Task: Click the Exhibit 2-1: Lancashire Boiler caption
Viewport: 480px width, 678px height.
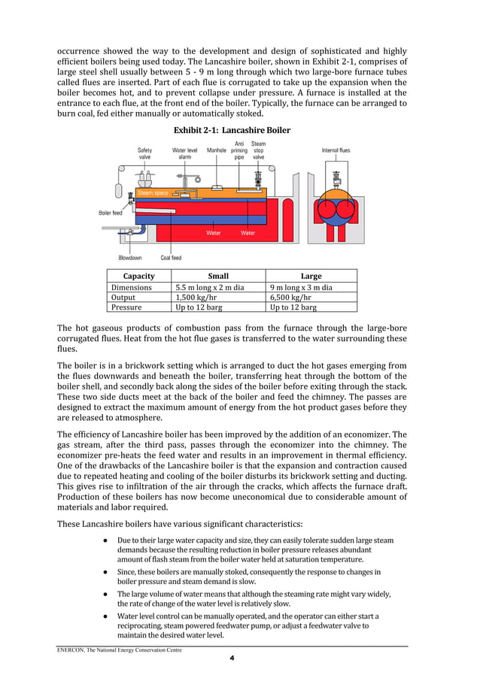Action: point(232,130)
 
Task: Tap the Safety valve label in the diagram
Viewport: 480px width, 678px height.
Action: point(144,154)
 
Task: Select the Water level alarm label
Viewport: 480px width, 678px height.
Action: point(184,154)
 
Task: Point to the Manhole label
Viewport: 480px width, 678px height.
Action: point(217,150)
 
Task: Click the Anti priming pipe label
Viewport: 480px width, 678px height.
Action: point(239,150)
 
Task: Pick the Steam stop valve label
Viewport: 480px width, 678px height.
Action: point(258,150)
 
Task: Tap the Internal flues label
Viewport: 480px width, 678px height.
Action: point(335,150)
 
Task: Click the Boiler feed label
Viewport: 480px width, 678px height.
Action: point(111,213)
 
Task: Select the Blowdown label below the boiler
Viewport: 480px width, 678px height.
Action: point(131,258)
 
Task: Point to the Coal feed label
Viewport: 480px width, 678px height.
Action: point(171,258)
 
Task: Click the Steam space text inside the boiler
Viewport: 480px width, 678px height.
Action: point(153,193)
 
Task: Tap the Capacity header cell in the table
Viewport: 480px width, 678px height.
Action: point(138,276)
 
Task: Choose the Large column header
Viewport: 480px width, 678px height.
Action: point(311,276)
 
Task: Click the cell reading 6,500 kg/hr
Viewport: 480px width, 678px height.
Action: point(290,297)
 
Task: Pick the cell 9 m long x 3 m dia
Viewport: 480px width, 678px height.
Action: point(301,286)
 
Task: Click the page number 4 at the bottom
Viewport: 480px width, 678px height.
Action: point(232,658)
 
